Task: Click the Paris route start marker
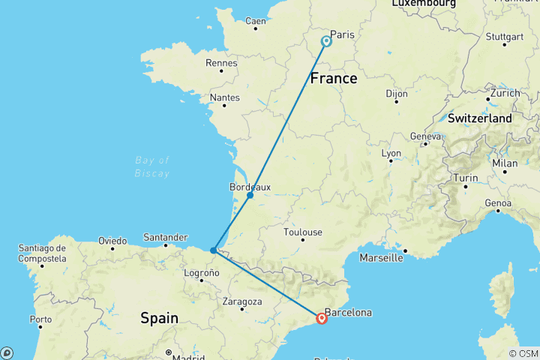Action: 326,41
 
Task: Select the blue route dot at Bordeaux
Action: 250,195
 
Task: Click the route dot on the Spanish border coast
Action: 214,250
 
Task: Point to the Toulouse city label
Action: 303,232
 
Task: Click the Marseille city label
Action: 381,258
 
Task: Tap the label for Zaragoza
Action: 242,301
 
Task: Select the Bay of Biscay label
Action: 153,166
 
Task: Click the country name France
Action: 334,78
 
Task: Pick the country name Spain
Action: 160,318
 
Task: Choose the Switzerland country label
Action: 480,118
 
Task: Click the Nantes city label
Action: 225,97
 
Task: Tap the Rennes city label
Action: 221,62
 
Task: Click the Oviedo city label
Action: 112,241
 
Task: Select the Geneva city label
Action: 424,136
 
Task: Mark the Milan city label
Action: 505,163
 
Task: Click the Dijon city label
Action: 397,94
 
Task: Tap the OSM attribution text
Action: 523,353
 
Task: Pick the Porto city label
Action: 41,319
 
